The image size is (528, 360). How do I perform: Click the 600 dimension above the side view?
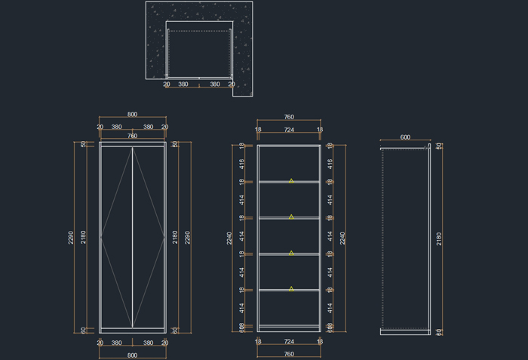point(405,137)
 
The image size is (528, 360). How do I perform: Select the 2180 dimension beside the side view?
point(439,238)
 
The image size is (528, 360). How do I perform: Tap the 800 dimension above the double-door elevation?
point(132,115)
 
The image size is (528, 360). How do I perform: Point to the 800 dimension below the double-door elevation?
point(132,355)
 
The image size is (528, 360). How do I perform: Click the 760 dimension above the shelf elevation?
point(289,117)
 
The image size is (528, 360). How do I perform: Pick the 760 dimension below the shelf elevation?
point(289,354)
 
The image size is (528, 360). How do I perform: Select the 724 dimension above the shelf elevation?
point(289,130)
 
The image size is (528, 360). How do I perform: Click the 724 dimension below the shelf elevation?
point(289,342)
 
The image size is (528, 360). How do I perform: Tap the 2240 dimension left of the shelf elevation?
point(229,238)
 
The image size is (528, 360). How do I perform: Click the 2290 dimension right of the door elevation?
point(188,237)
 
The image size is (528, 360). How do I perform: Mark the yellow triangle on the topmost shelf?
point(291,180)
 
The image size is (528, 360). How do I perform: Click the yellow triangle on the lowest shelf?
point(291,288)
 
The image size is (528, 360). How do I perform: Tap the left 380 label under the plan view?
point(183,85)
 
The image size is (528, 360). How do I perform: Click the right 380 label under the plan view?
point(215,85)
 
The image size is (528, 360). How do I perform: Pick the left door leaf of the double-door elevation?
point(117,237)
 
